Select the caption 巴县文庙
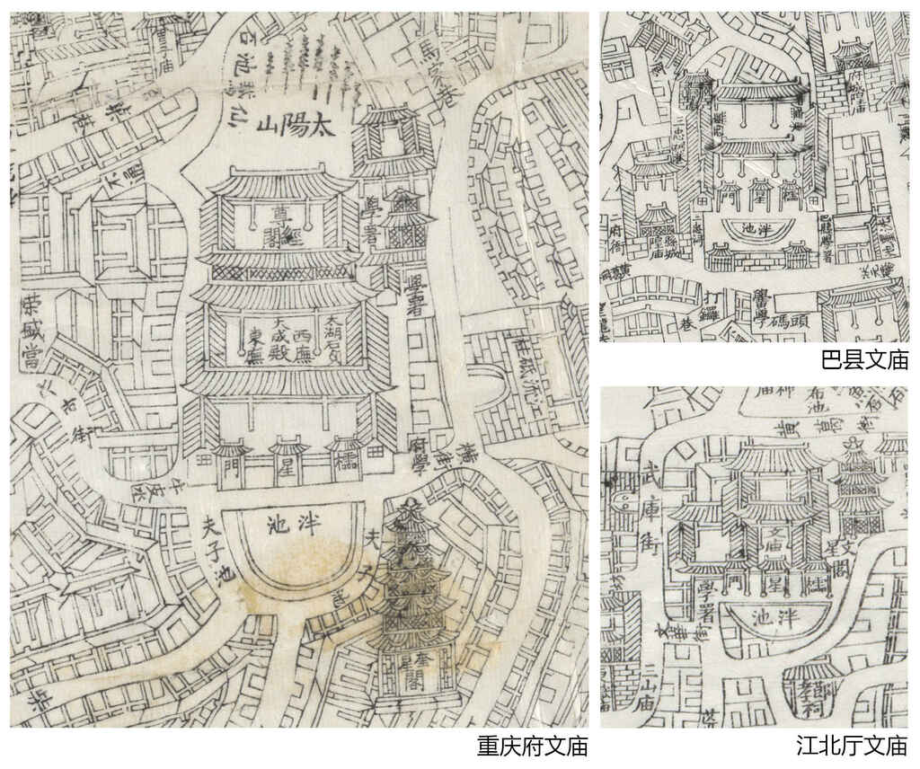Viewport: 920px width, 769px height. [x=864, y=361]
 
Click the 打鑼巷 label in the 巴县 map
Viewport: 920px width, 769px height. [x=711, y=299]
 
